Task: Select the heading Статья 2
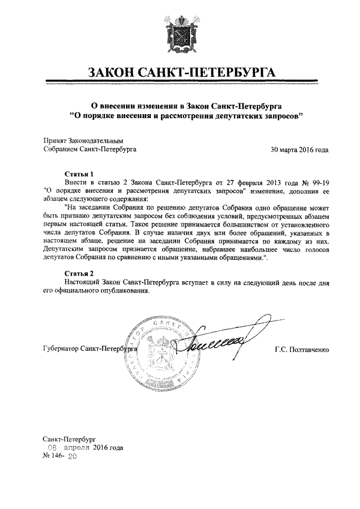click(78, 273)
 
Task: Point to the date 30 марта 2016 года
click(300, 150)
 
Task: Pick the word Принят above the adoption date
click(55, 141)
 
